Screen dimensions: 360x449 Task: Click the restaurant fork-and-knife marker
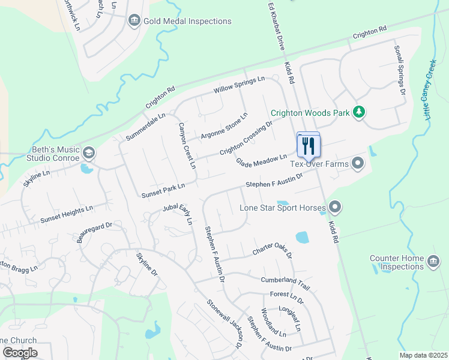(309, 145)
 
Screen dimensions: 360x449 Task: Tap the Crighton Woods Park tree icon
(358, 112)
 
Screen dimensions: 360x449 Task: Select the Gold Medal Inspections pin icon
(134, 22)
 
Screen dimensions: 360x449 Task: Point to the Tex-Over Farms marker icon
(358, 163)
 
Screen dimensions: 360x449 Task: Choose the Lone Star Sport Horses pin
(335, 208)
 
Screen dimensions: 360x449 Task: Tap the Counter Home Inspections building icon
(433, 262)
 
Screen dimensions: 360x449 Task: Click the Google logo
(20, 353)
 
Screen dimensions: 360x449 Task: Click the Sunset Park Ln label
(163, 192)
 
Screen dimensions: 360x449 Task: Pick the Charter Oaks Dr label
(272, 250)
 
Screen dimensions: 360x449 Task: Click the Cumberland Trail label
(285, 281)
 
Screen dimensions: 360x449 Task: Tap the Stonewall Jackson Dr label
(224, 323)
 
